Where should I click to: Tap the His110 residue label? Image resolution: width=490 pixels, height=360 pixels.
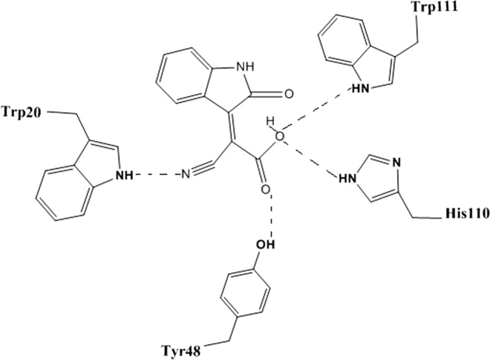tap(465, 216)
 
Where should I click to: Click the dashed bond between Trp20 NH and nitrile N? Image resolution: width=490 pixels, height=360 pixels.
tap(157, 176)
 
